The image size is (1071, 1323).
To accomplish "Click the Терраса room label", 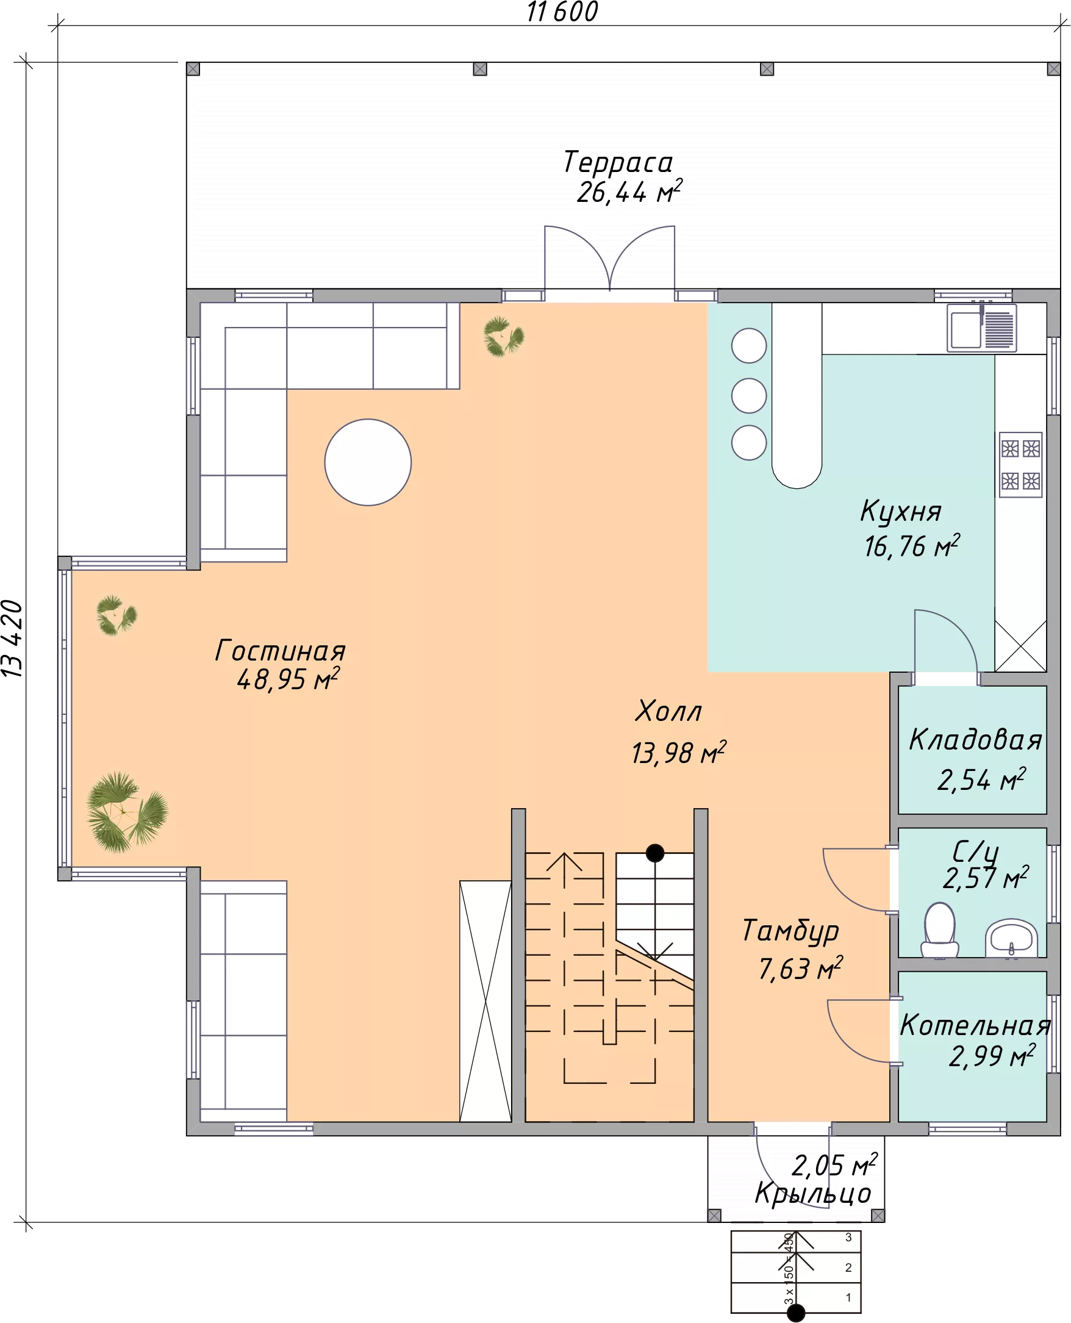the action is (618, 162).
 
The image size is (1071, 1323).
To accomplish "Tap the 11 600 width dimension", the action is (562, 12).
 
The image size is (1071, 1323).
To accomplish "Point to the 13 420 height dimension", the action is (12, 639).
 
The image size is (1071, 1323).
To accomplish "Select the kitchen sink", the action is (982, 328).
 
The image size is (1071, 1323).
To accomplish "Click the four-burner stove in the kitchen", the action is (1021, 465).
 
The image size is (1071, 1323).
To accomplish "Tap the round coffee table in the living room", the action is (368, 462).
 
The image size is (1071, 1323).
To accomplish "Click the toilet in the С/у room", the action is (940, 931).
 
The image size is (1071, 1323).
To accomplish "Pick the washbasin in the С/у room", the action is (1011, 938).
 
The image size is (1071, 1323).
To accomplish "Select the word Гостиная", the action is (280, 650).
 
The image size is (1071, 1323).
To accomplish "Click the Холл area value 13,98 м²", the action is (679, 753).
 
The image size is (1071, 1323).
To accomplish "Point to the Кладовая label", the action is (975, 739).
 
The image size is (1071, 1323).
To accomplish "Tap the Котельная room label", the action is (975, 1025).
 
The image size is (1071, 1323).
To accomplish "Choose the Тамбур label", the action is (790, 931).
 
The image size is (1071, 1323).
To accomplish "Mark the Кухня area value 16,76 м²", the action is (912, 546).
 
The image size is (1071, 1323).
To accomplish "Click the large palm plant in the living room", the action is (126, 812).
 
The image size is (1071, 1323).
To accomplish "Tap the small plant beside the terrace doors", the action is (504, 336).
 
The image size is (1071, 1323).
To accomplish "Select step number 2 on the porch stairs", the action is (848, 1267).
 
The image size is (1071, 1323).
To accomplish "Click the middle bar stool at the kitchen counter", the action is (749, 395).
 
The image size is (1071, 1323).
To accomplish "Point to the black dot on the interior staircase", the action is (654, 853).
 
